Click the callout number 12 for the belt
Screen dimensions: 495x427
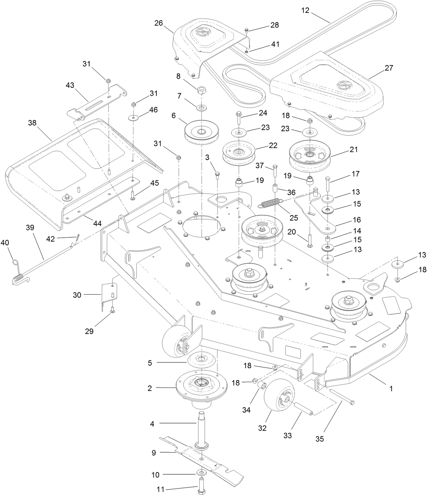(x=305, y=10)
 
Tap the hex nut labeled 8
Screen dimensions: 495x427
(x=202, y=91)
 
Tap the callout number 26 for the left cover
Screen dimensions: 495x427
(x=159, y=23)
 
